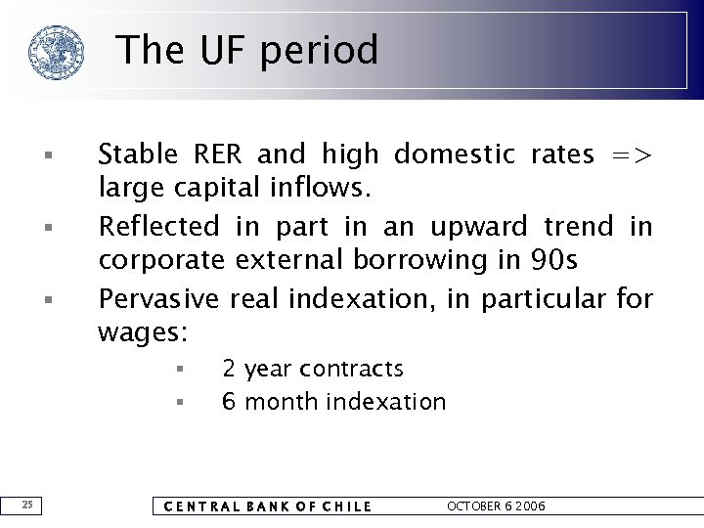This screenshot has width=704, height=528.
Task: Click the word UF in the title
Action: pyautogui.click(x=221, y=50)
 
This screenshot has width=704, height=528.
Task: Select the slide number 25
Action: pyautogui.click(x=28, y=505)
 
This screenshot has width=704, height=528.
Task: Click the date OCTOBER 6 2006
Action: pyautogui.click(x=496, y=506)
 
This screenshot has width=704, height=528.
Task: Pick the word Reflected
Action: pyautogui.click(x=159, y=226)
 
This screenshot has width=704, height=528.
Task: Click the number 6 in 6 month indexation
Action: pyautogui.click(x=229, y=402)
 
